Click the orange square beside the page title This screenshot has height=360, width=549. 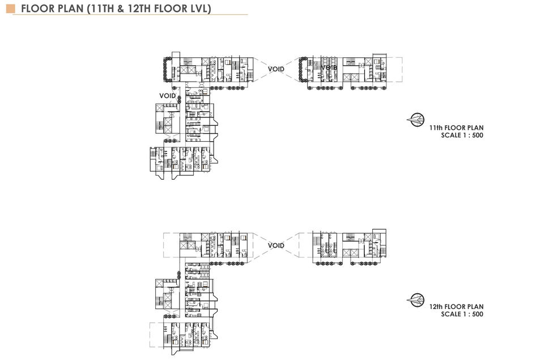pos(10,9)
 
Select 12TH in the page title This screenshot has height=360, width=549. pos(148,9)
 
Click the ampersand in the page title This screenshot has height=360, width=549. pos(126,9)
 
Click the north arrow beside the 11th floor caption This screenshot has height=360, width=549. pos(416,120)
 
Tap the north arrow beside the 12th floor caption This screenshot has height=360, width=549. pos(416,299)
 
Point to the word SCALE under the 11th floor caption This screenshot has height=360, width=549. pos(451,135)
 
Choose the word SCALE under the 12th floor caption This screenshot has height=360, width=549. pos(451,314)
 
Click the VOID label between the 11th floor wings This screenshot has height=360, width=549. pos(276,69)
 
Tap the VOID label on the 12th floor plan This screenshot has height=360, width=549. pos(276,245)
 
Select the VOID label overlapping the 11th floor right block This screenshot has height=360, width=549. pos(329,68)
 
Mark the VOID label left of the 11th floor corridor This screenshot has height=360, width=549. pos(167,96)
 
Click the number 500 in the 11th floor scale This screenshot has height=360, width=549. pos(477,135)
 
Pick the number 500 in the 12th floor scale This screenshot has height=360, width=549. pos(477,314)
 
